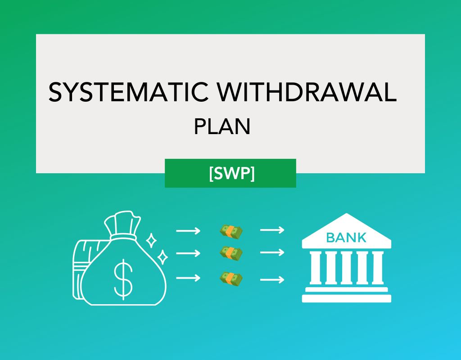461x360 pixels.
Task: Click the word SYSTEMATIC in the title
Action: click(128, 92)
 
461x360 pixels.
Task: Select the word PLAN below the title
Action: click(222, 127)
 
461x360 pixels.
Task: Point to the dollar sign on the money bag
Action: click(123, 279)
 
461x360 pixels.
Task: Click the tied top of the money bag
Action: click(122, 225)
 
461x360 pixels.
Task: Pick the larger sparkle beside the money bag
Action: click(163, 257)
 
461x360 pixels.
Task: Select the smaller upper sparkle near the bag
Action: click(152, 240)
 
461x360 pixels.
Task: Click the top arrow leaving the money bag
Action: click(188, 231)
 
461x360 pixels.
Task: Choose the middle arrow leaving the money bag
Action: click(188, 254)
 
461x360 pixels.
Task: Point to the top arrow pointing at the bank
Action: click(272, 230)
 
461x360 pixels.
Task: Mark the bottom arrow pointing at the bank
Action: click(272, 279)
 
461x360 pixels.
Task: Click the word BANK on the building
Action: click(346, 237)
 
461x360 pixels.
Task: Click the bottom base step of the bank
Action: click(346, 298)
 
